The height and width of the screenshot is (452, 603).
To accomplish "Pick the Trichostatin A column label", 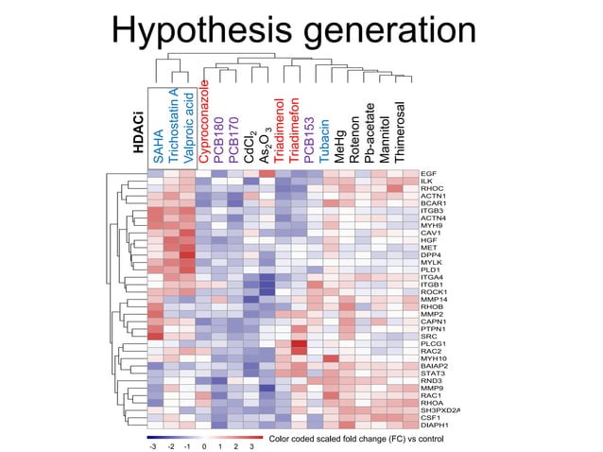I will pyautogui.click(x=173, y=127).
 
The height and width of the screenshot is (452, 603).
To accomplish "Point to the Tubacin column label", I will pyautogui.click(x=324, y=141).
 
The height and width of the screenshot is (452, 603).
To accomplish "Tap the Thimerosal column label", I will pyautogui.click(x=401, y=133).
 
